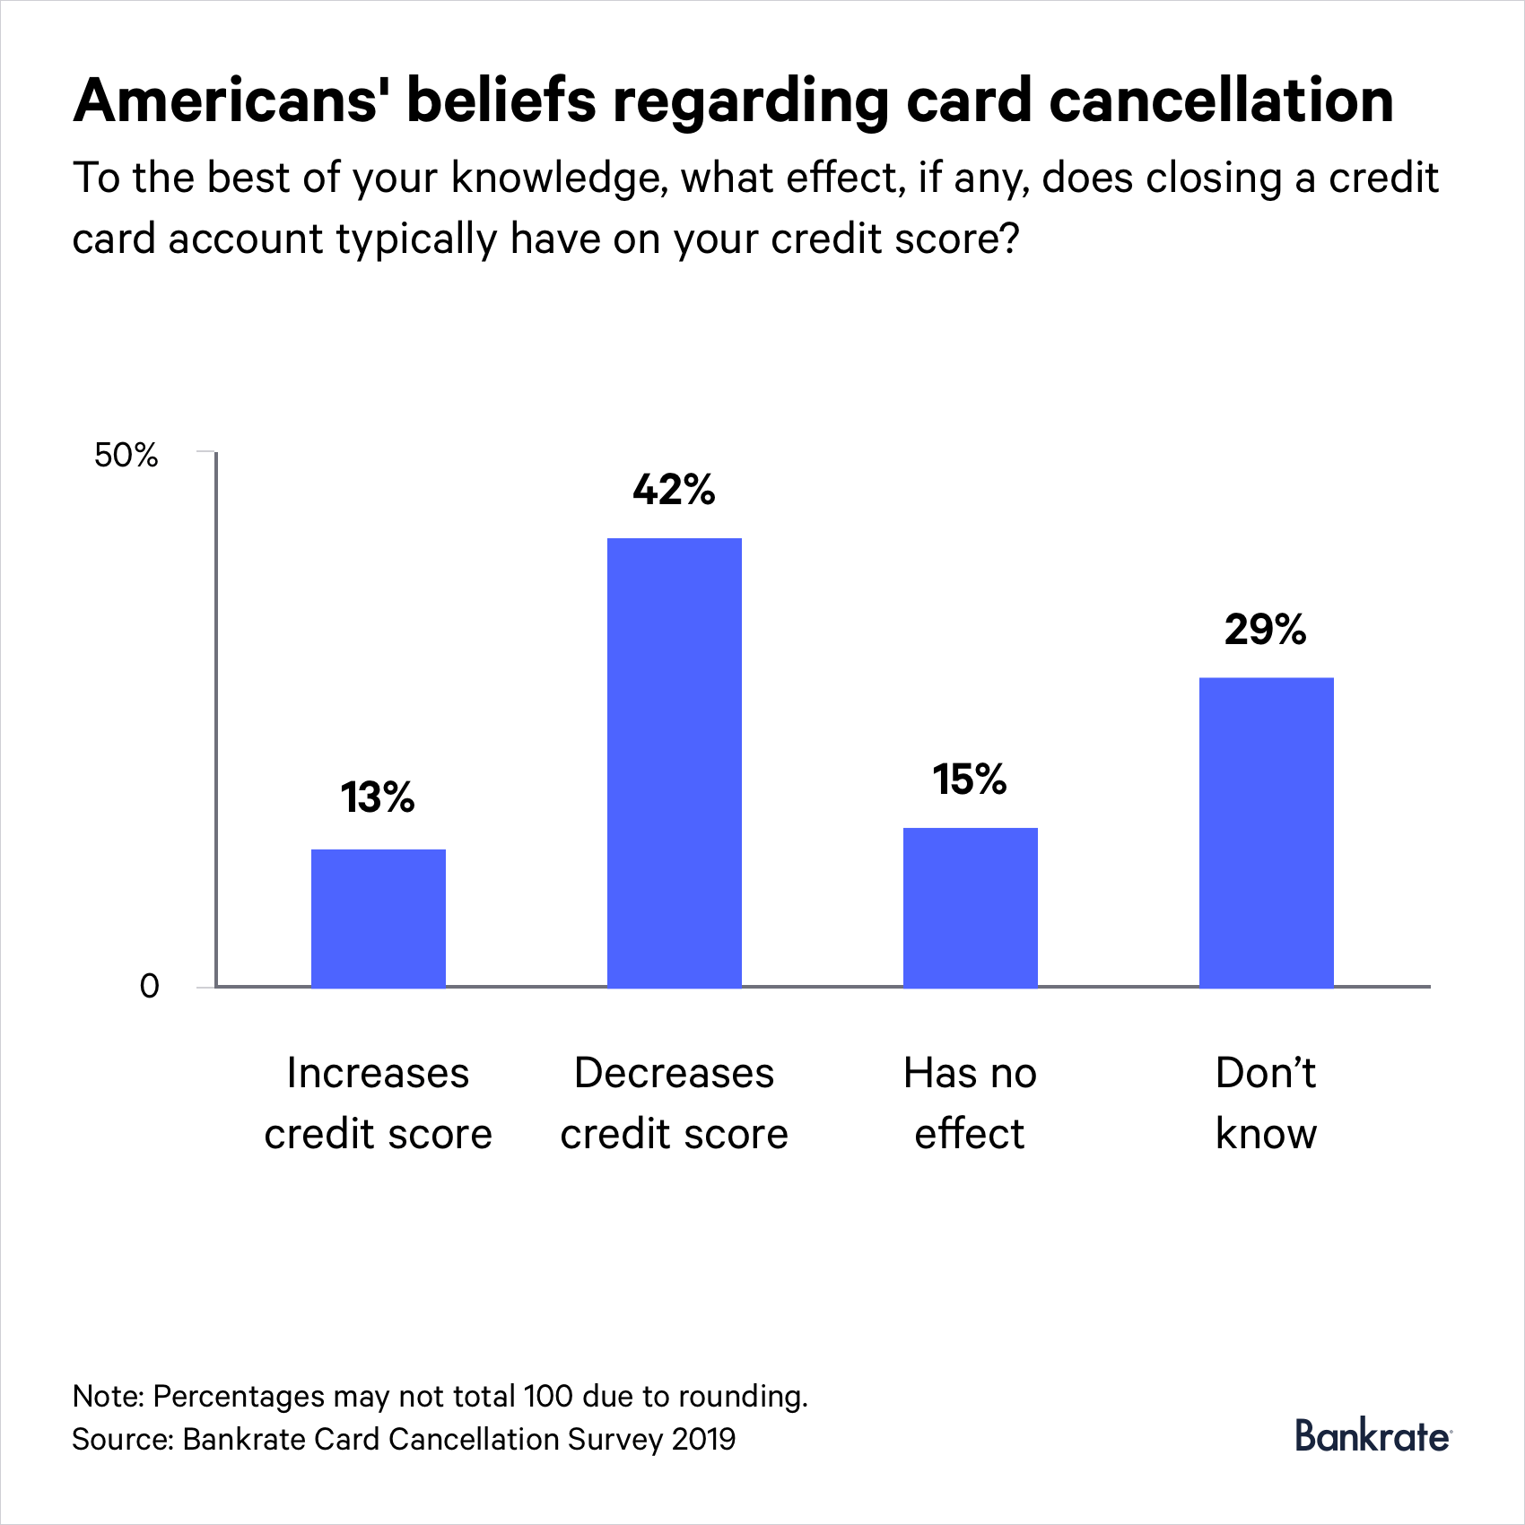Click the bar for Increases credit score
pos(378,918)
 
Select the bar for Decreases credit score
pos(674,762)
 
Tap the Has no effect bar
pos(970,907)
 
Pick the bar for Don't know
pos(1266,832)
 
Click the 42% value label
pos(674,490)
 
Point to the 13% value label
pos(378,797)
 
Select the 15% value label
pos(970,779)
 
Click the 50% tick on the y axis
pos(126,456)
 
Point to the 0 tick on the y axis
pos(150,987)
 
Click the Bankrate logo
pos(1372,1436)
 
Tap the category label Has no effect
pos(970,1103)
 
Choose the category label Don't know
pos(1266,1103)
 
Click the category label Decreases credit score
pos(674,1103)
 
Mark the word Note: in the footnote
pos(108,1396)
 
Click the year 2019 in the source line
pos(703,1439)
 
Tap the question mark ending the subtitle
pos(1010,239)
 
